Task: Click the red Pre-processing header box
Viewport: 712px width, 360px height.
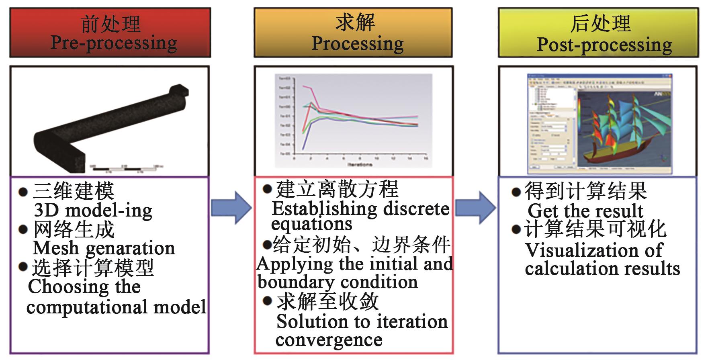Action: (x=110, y=33)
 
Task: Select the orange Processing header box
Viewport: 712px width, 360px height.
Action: (x=353, y=33)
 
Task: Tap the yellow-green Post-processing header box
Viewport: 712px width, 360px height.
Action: (x=598, y=33)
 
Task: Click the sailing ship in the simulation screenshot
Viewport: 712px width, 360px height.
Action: (x=619, y=129)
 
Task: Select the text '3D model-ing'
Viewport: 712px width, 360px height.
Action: (x=93, y=210)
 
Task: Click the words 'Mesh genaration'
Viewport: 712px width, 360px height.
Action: (x=104, y=248)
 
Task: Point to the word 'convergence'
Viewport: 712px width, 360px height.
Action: (x=329, y=340)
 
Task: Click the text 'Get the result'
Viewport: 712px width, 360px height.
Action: (x=585, y=211)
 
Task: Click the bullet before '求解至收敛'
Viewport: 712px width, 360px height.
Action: (x=267, y=301)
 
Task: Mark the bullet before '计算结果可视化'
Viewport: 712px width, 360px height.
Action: (x=516, y=230)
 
